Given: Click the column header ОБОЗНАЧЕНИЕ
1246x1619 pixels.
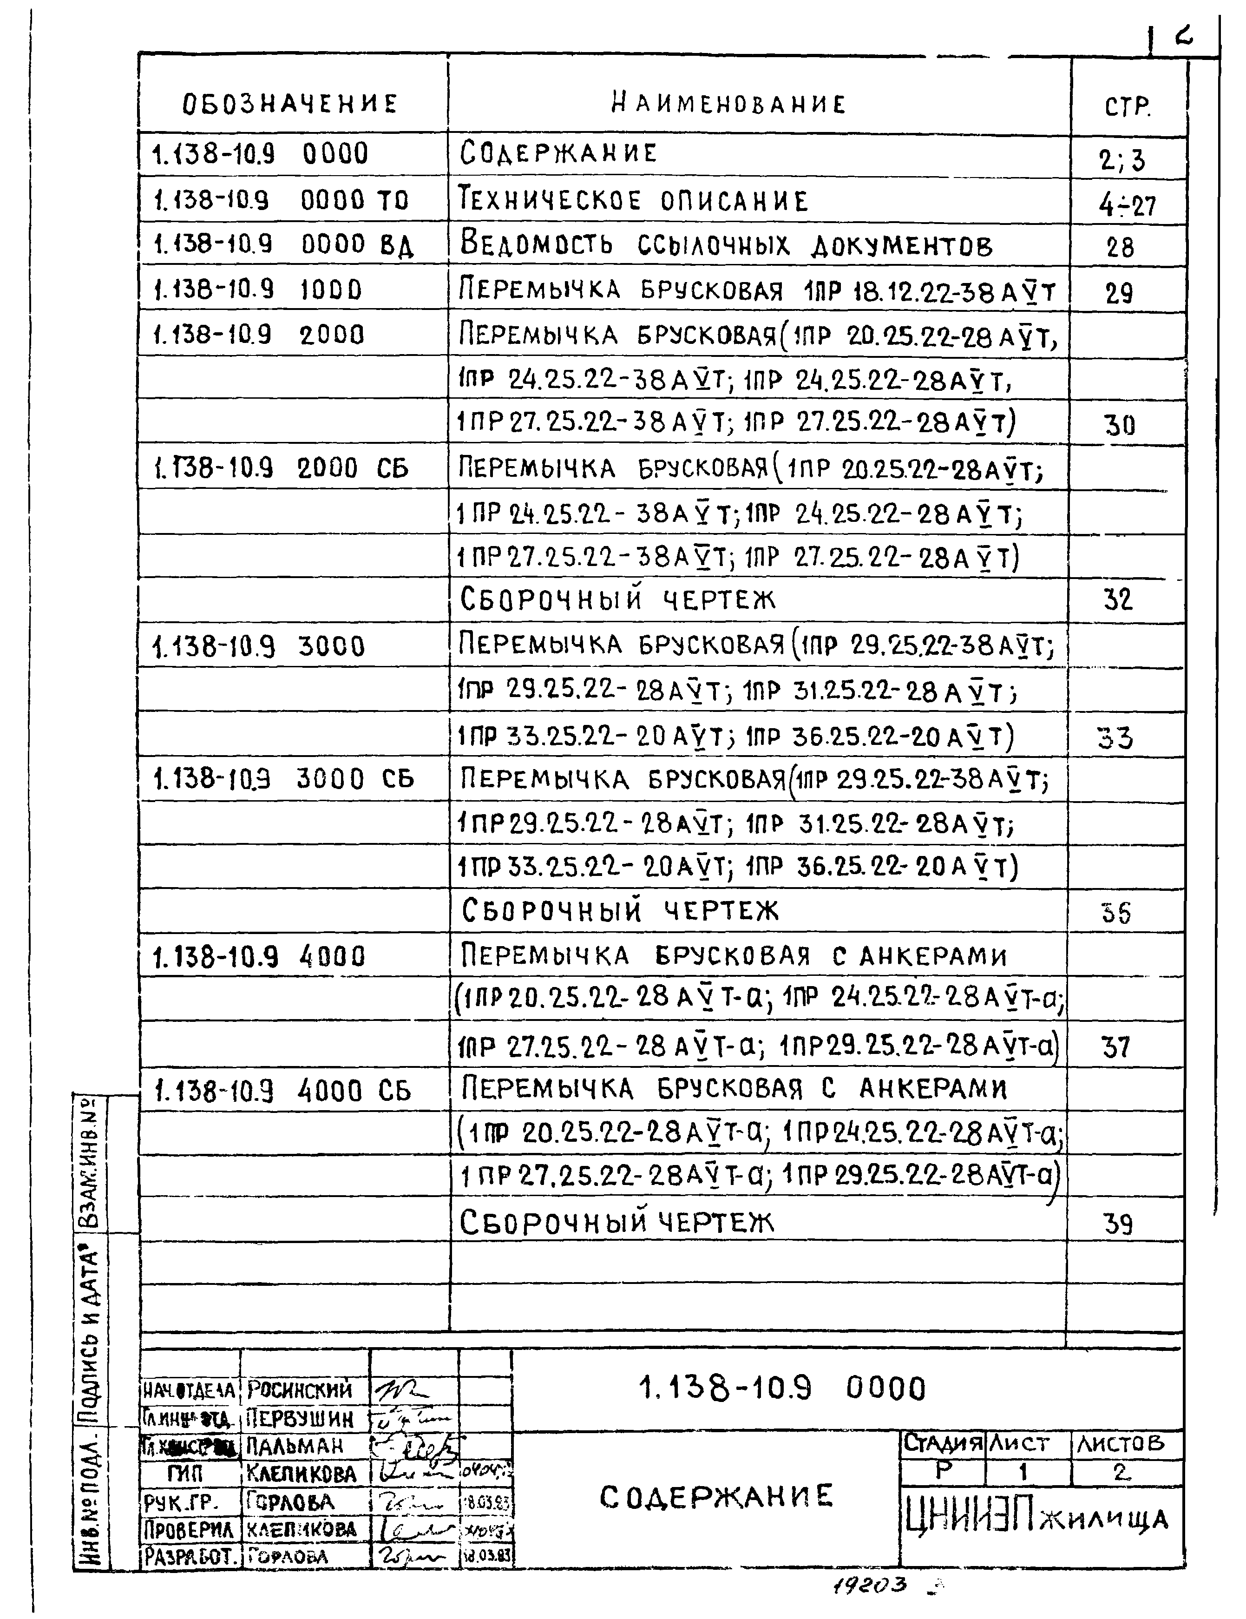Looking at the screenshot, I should (290, 103).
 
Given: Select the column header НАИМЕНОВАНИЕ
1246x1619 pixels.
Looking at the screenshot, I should (728, 103).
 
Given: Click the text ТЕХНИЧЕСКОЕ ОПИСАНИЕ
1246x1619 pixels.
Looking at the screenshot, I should (634, 201).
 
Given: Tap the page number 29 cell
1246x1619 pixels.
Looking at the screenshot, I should (1119, 294).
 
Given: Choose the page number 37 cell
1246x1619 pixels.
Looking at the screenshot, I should (1115, 1047).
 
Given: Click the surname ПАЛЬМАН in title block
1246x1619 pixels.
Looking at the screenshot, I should (294, 1446).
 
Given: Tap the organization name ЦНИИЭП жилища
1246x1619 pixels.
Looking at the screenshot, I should (1036, 1520).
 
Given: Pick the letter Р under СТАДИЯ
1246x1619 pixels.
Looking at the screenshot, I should (943, 1470).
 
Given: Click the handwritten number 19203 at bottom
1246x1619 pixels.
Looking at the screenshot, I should (871, 1585).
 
